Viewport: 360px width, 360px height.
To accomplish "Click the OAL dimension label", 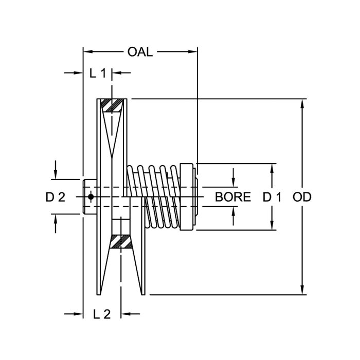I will pos(140,52).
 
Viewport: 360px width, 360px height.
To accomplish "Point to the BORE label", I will pos(233,197).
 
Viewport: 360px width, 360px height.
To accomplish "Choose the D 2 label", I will pos(55,197).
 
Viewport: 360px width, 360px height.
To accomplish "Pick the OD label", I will pos(302,197).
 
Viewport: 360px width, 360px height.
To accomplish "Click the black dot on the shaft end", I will pos(91,196).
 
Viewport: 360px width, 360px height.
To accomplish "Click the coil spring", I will pos(154,195).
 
